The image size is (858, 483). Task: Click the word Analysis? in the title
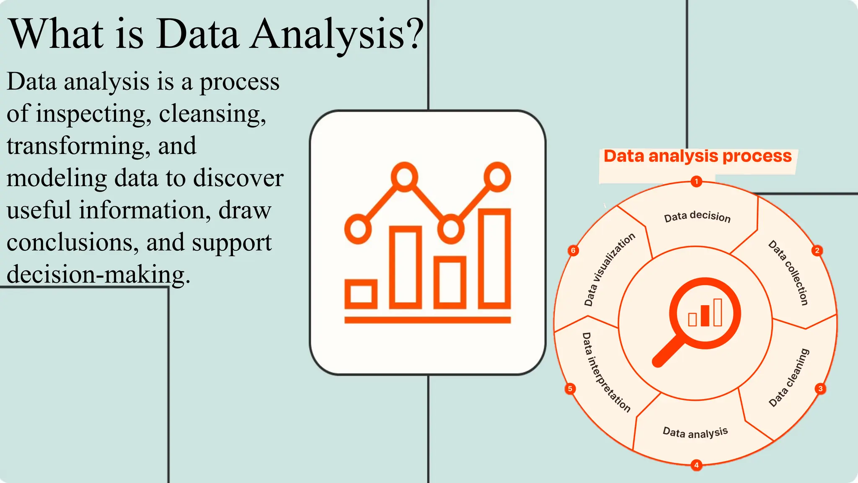pos(337,34)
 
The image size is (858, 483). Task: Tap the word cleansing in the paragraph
pos(212,114)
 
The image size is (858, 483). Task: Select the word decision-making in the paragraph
pos(98,275)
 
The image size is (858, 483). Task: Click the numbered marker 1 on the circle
pos(696,182)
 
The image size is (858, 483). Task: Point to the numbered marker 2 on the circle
pos(817,251)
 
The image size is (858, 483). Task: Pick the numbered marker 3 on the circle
pos(820,389)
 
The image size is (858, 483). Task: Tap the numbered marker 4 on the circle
pos(696,465)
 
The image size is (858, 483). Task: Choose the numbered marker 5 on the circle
pos(570,389)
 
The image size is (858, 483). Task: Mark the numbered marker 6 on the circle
pos(573,251)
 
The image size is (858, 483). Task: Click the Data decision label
pos(697,217)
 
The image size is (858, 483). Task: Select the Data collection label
pos(788,273)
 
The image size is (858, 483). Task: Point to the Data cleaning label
pos(789,377)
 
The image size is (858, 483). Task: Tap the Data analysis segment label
pos(695,432)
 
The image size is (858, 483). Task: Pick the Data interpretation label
pos(606,372)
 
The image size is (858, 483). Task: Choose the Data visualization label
pos(610,270)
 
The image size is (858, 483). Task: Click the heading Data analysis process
pos(698,156)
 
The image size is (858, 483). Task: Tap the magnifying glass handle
pos(668,353)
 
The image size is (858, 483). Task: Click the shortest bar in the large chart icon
pos(361,293)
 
